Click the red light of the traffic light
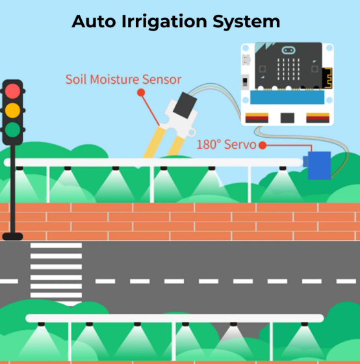[12, 91]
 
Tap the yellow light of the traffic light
[12, 110]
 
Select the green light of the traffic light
[12, 130]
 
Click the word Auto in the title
[94, 21]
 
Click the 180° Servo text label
[226, 144]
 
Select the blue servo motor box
[319, 165]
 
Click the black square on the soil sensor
[185, 105]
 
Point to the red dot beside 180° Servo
[263, 146]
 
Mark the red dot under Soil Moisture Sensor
[141, 92]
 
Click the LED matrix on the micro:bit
[289, 69]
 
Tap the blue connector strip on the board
[287, 97]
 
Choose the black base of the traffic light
[12, 237]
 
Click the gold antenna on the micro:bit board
[328, 78]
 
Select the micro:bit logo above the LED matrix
[289, 50]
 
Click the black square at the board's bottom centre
[287, 118]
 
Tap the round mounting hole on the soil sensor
[192, 133]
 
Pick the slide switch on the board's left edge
[245, 82]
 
